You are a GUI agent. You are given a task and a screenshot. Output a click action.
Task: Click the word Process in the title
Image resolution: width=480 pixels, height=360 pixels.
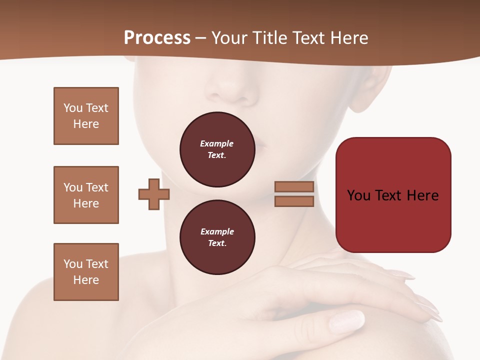tap(157, 38)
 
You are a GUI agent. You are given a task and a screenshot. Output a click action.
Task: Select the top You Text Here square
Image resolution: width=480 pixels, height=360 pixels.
tap(86, 116)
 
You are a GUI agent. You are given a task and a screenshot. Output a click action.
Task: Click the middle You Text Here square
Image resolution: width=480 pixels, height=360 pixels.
tap(86, 195)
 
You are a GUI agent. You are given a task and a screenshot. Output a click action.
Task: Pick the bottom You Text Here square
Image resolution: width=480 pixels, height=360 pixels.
tap(86, 272)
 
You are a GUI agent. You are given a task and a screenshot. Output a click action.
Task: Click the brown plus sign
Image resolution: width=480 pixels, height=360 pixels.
tap(154, 194)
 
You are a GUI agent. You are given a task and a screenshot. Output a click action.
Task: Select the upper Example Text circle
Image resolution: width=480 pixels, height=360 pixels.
tap(217, 149)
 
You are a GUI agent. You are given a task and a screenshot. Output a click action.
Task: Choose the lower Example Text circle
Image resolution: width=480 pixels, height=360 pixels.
tap(217, 237)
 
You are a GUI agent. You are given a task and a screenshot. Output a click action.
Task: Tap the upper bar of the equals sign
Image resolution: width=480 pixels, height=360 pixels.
tap(294, 186)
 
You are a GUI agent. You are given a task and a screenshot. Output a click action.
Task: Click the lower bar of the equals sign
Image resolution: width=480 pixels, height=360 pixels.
tap(294, 201)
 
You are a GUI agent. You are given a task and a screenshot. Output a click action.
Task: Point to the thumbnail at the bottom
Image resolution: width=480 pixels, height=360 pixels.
tap(347, 320)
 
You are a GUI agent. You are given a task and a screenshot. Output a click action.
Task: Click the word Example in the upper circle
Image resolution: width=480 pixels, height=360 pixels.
tap(216, 143)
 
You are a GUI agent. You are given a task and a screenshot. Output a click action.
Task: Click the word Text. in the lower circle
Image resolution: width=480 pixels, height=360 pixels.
tap(217, 243)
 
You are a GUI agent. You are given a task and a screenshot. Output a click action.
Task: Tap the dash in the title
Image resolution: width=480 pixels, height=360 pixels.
tap(200, 38)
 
